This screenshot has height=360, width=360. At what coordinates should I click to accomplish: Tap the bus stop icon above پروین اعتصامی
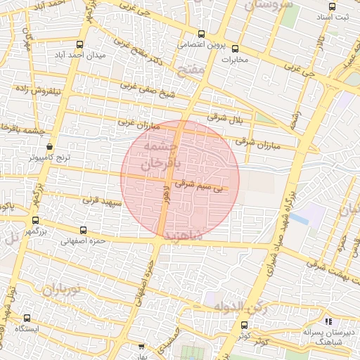click(x=202, y=34)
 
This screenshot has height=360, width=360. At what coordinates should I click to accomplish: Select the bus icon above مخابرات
click(x=235, y=49)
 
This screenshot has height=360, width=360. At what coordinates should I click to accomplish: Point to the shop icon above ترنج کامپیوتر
click(x=49, y=146)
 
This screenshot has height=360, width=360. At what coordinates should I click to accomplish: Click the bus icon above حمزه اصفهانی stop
click(x=84, y=230)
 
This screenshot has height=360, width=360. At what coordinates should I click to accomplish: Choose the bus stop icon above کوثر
click(x=244, y=325)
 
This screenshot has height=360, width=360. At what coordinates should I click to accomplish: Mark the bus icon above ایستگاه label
click(x=27, y=318)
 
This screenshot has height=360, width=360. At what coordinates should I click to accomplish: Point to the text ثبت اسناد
click(x=333, y=15)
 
